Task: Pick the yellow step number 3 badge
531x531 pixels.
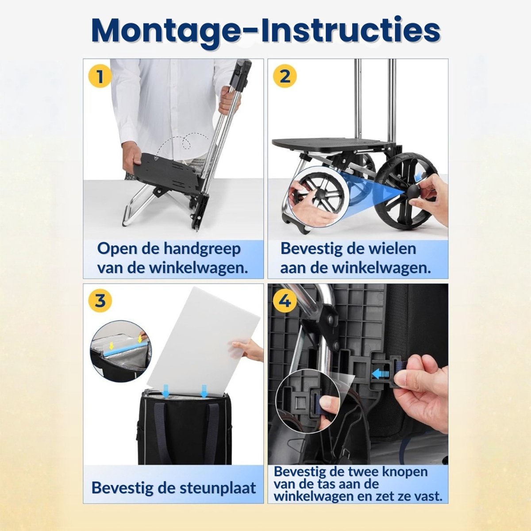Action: pos(100,300)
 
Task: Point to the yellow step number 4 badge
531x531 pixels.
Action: pos(285,300)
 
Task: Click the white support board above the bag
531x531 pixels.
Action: pos(204,342)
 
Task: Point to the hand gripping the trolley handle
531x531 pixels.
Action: pos(228,100)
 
